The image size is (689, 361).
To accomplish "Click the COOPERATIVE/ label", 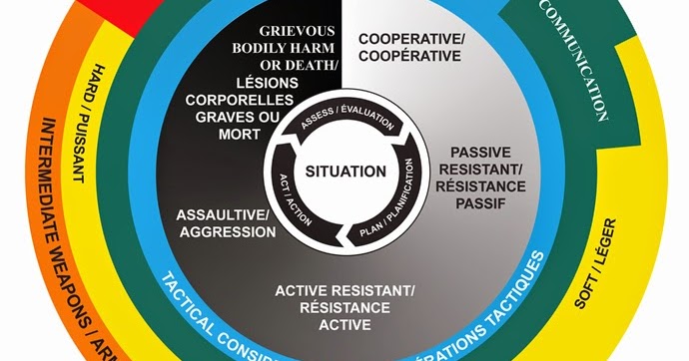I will point(411,39).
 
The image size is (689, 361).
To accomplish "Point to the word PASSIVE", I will point(481,152).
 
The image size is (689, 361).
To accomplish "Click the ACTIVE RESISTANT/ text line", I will point(344,290).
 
